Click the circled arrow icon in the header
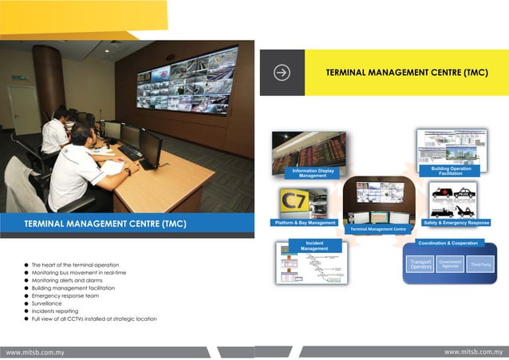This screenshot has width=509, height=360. point(282,73)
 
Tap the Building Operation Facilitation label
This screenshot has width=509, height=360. point(451,171)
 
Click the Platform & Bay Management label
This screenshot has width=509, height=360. point(305,223)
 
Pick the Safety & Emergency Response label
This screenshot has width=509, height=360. point(456,223)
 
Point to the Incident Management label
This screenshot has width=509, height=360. point(314,245)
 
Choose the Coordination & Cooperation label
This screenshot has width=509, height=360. point(448,243)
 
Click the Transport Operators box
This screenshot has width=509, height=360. point(420,264)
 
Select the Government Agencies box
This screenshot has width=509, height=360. point(451,263)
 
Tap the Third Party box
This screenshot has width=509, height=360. point(481,264)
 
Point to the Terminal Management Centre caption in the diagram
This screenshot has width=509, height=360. point(378,229)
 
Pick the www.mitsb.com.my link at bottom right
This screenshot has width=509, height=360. point(474,352)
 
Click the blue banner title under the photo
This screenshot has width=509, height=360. point(94,224)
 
